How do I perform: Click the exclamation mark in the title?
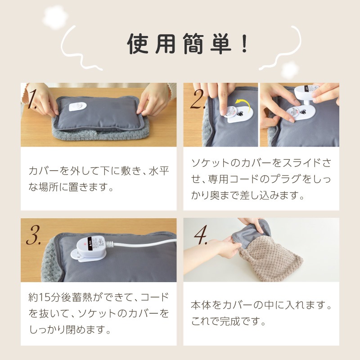244,43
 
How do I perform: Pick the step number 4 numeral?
201,234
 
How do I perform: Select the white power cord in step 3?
144,243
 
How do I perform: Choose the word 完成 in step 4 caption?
230,321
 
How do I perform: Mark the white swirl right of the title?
285,49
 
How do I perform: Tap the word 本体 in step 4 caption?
201,305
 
